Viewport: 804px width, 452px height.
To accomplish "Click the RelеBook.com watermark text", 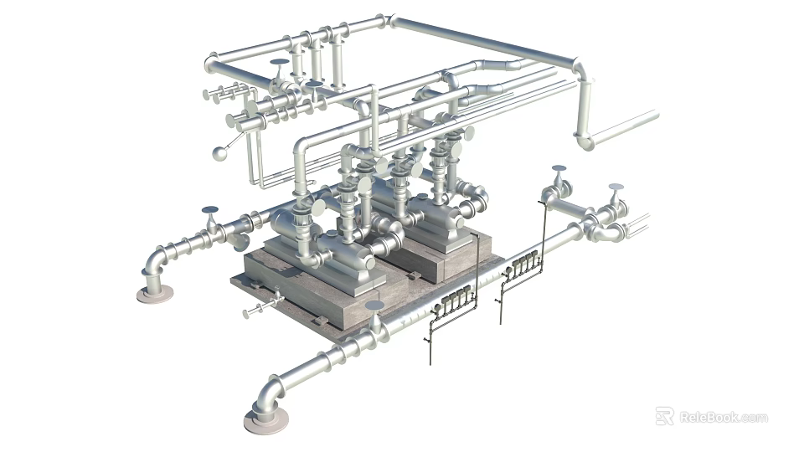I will tap(723, 417).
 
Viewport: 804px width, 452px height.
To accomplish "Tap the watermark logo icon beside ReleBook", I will tap(665, 416).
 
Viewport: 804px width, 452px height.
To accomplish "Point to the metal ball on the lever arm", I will tap(220, 153).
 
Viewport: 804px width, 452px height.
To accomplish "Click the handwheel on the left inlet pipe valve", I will tap(209, 210).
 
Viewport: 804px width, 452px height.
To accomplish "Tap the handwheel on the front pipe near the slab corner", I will tap(374, 306).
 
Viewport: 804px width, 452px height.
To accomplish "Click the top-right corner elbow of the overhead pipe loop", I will tap(579, 67).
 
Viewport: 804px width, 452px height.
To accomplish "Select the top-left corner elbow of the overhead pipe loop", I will tap(212, 63).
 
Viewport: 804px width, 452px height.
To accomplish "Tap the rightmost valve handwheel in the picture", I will tap(616, 187).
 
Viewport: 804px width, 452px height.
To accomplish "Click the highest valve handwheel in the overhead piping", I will tap(279, 62).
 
